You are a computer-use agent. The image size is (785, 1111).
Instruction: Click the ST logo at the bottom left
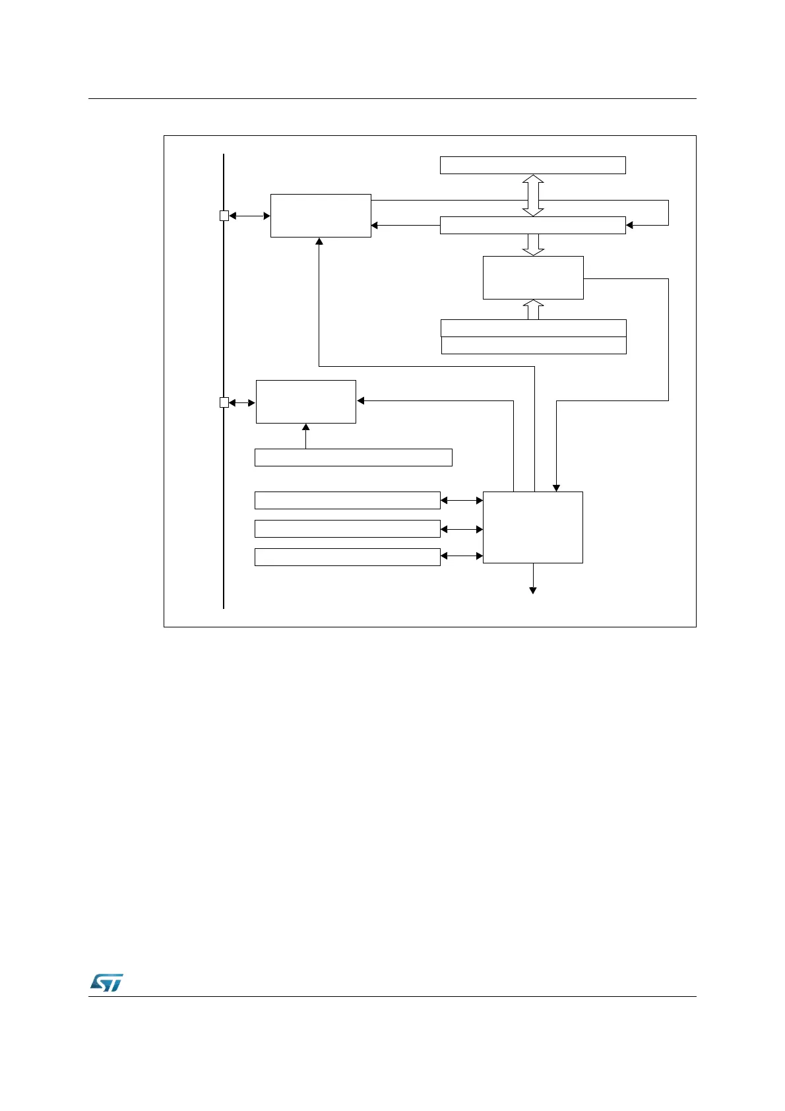[x=106, y=982]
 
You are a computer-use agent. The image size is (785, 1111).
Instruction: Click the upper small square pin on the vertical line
[x=224, y=216]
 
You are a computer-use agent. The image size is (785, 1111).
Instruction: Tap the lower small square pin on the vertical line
[x=224, y=402]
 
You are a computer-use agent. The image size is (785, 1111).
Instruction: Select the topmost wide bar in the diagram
[x=532, y=165]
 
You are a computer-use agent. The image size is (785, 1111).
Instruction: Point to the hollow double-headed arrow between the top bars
[x=533, y=195]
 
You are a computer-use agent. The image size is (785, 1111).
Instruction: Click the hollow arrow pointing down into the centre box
[x=533, y=244]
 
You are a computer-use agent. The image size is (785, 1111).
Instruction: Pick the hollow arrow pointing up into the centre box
[x=533, y=309]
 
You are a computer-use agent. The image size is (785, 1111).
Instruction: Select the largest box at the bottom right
[x=533, y=527]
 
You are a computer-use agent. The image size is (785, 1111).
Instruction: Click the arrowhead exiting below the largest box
[x=533, y=590]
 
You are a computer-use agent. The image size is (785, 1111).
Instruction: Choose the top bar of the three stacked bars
[x=347, y=500]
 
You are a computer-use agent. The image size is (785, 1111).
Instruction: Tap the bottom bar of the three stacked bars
[x=347, y=557]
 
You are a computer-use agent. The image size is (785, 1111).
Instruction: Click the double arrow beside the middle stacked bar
[x=462, y=529]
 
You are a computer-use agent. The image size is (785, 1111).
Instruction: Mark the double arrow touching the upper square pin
[x=249, y=216]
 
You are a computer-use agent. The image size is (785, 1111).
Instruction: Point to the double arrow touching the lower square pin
[x=242, y=402]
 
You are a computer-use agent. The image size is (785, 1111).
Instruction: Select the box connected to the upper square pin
[x=321, y=216]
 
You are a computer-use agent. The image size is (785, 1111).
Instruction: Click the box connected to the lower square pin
[x=305, y=402]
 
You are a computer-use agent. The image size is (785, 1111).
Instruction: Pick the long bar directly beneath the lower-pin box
[x=353, y=457]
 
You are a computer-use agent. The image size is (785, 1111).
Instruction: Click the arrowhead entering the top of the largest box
[x=556, y=488]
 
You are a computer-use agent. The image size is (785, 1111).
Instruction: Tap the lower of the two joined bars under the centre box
[x=533, y=346]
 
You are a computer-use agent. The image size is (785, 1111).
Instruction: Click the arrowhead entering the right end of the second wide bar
[x=629, y=225]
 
